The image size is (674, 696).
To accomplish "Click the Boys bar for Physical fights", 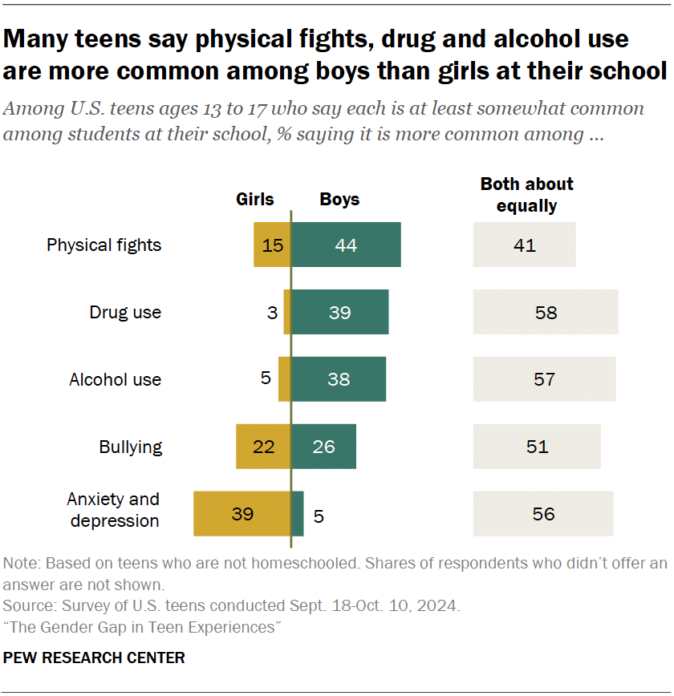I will [x=346, y=245].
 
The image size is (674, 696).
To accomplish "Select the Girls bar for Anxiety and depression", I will [x=242, y=514].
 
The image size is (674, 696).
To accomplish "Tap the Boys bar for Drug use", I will [x=339, y=312].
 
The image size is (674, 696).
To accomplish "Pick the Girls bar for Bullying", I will [x=263, y=447].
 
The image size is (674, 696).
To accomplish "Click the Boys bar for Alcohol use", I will [x=338, y=379].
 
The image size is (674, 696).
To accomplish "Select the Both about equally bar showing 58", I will [x=546, y=312].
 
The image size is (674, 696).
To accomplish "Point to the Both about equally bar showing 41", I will [x=524, y=245].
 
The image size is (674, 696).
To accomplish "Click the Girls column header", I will [x=254, y=200].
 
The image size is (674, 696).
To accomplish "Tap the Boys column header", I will [x=339, y=200].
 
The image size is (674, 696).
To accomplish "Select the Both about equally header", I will [x=526, y=195].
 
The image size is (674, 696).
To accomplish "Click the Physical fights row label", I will [x=104, y=245].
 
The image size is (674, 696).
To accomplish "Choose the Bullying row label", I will [x=130, y=447].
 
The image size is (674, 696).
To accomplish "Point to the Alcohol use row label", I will [x=115, y=379].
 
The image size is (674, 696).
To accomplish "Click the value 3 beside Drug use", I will [x=272, y=312].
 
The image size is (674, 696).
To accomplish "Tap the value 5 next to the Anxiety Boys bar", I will [x=319, y=516].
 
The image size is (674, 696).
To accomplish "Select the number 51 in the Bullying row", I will [x=537, y=447].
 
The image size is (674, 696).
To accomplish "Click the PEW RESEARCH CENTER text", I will [x=94, y=658].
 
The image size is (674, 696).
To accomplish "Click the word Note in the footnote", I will [x=19, y=564].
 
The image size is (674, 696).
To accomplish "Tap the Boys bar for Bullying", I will [x=323, y=447].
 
